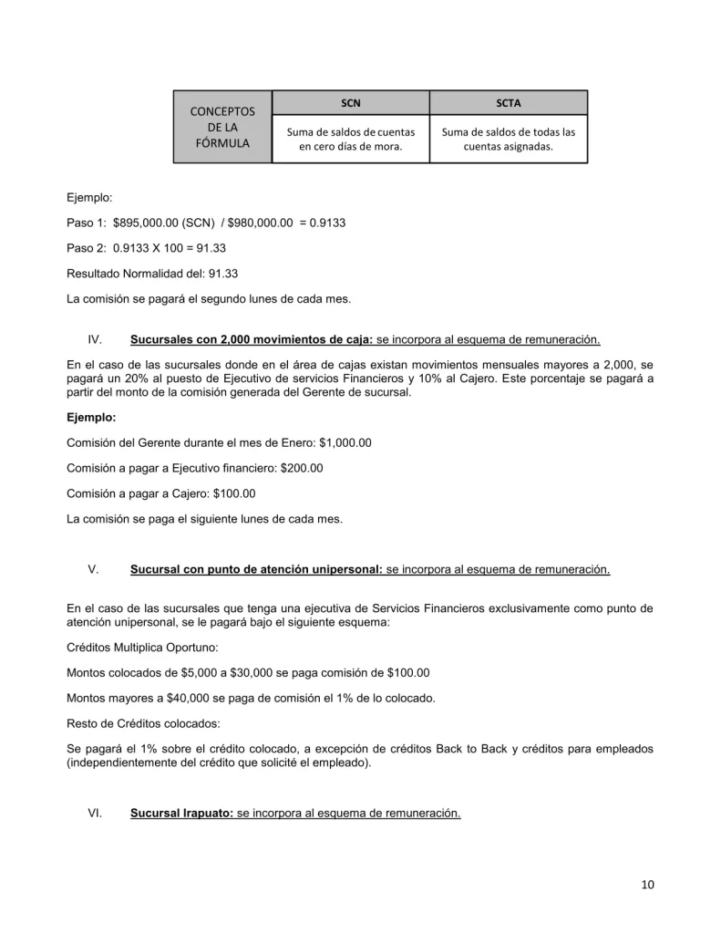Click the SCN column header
350,103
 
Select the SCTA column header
509,103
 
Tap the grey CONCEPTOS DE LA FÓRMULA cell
222,127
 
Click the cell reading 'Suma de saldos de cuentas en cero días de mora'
350,139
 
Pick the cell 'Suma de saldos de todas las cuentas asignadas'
509,139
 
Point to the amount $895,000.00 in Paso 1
147,223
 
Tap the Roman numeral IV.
94,340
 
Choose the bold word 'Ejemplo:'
91,418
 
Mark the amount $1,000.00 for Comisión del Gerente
345,442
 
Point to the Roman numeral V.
94,570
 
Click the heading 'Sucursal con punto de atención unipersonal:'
256,570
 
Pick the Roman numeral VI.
95,812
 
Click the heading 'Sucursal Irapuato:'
181,812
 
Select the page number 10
647,884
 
